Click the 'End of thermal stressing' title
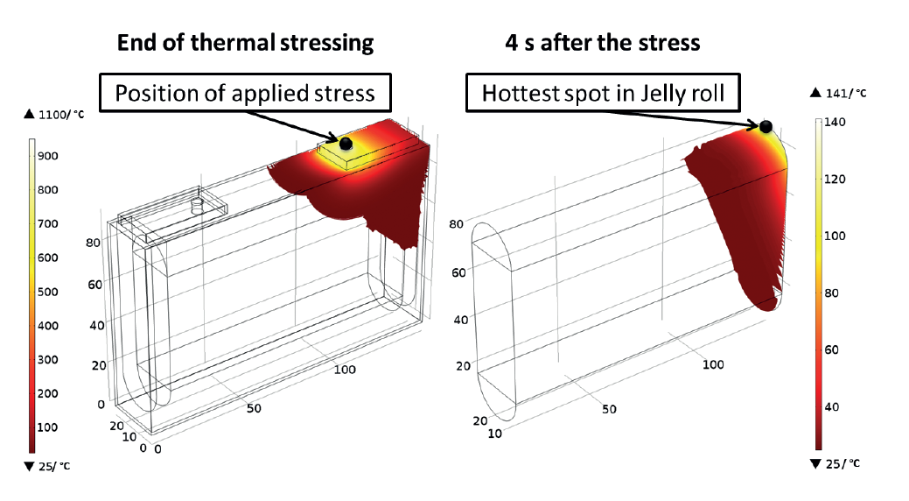245,43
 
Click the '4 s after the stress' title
602,43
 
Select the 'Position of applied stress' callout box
245,92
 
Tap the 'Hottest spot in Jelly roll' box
603,92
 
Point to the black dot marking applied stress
346,143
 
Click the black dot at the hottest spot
766,126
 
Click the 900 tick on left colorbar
47,156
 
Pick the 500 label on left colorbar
47,292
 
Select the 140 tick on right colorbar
835,122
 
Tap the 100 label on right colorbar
835,236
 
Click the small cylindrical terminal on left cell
198,206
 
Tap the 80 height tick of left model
93,242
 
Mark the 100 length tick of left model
345,370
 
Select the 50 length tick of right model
609,409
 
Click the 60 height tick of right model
458,272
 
